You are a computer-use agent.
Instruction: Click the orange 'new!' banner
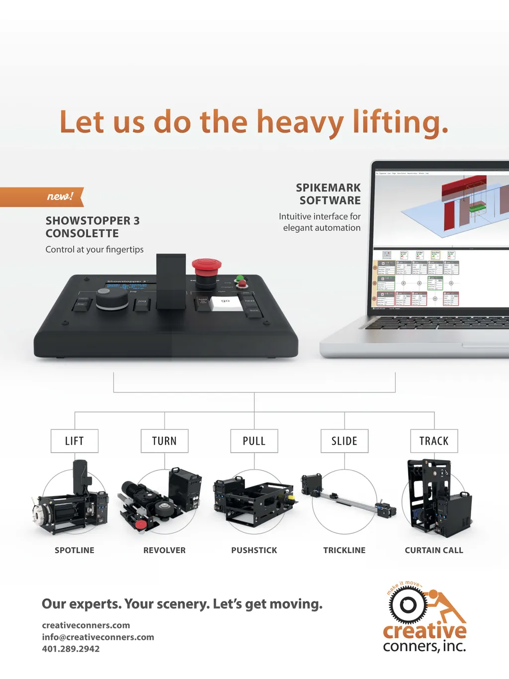click(x=42, y=196)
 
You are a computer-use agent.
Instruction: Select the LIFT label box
click(x=75, y=441)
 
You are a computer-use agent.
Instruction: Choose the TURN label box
click(x=165, y=441)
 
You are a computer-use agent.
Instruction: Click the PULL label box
click(x=254, y=441)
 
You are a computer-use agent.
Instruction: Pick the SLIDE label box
click(x=344, y=441)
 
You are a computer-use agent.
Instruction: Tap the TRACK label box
click(x=434, y=441)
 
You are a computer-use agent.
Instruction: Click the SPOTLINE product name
click(x=75, y=550)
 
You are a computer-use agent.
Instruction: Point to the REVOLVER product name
click(x=165, y=550)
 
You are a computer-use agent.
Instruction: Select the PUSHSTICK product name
click(x=254, y=550)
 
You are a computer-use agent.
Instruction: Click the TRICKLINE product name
click(x=344, y=550)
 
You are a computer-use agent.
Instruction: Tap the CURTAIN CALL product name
click(x=434, y=550)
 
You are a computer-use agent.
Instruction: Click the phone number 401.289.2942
click(x=71, y=649)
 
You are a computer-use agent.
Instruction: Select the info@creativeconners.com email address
click(x=98, y=637)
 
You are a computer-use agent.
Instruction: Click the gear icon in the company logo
click(x=408, y=605)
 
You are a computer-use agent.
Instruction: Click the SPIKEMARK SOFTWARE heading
click(x=329, y=194)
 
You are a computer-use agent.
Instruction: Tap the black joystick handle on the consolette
click(x=171, y=281)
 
